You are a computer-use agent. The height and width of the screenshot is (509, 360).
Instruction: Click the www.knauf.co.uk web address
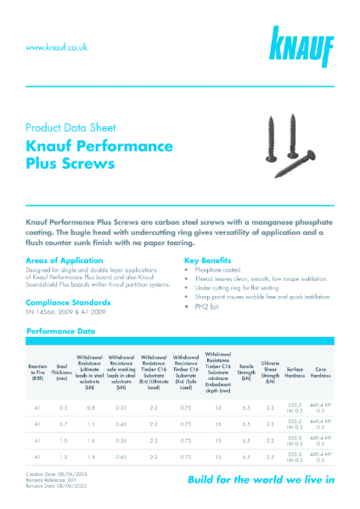[57, 48]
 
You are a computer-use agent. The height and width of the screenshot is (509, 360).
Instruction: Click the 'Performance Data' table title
[61, 332]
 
